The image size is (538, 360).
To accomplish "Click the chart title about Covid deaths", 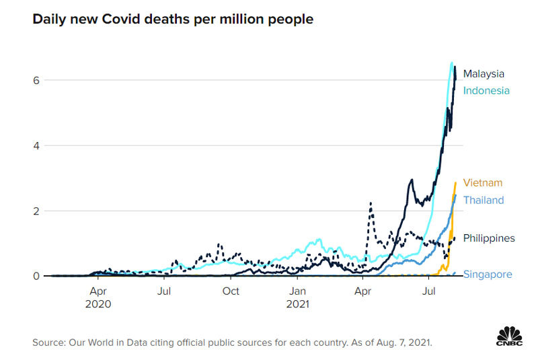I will pos(173,20).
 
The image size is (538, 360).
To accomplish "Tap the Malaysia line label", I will pos(484,74).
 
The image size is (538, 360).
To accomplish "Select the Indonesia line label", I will pos(486,91).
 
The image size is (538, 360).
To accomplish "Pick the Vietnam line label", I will pos(482,183).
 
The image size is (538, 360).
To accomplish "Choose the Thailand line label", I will pos(483,201).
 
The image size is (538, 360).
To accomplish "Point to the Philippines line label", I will pos(489,238).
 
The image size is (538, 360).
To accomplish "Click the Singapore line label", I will pos(488,275).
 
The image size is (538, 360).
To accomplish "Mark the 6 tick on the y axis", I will pos(36,80).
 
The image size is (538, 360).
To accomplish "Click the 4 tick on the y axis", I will pos(36,145).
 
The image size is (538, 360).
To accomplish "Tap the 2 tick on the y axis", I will pos(36,211).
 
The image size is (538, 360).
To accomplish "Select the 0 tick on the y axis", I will pos(36,276).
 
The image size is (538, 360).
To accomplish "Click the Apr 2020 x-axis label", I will pos(98,297).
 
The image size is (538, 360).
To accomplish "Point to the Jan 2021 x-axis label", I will pos(299,297).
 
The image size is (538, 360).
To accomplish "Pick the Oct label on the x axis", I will pos(231,291).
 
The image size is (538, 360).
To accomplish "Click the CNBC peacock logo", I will pos(509,336).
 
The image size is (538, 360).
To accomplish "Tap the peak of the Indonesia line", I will pos(451,63).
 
